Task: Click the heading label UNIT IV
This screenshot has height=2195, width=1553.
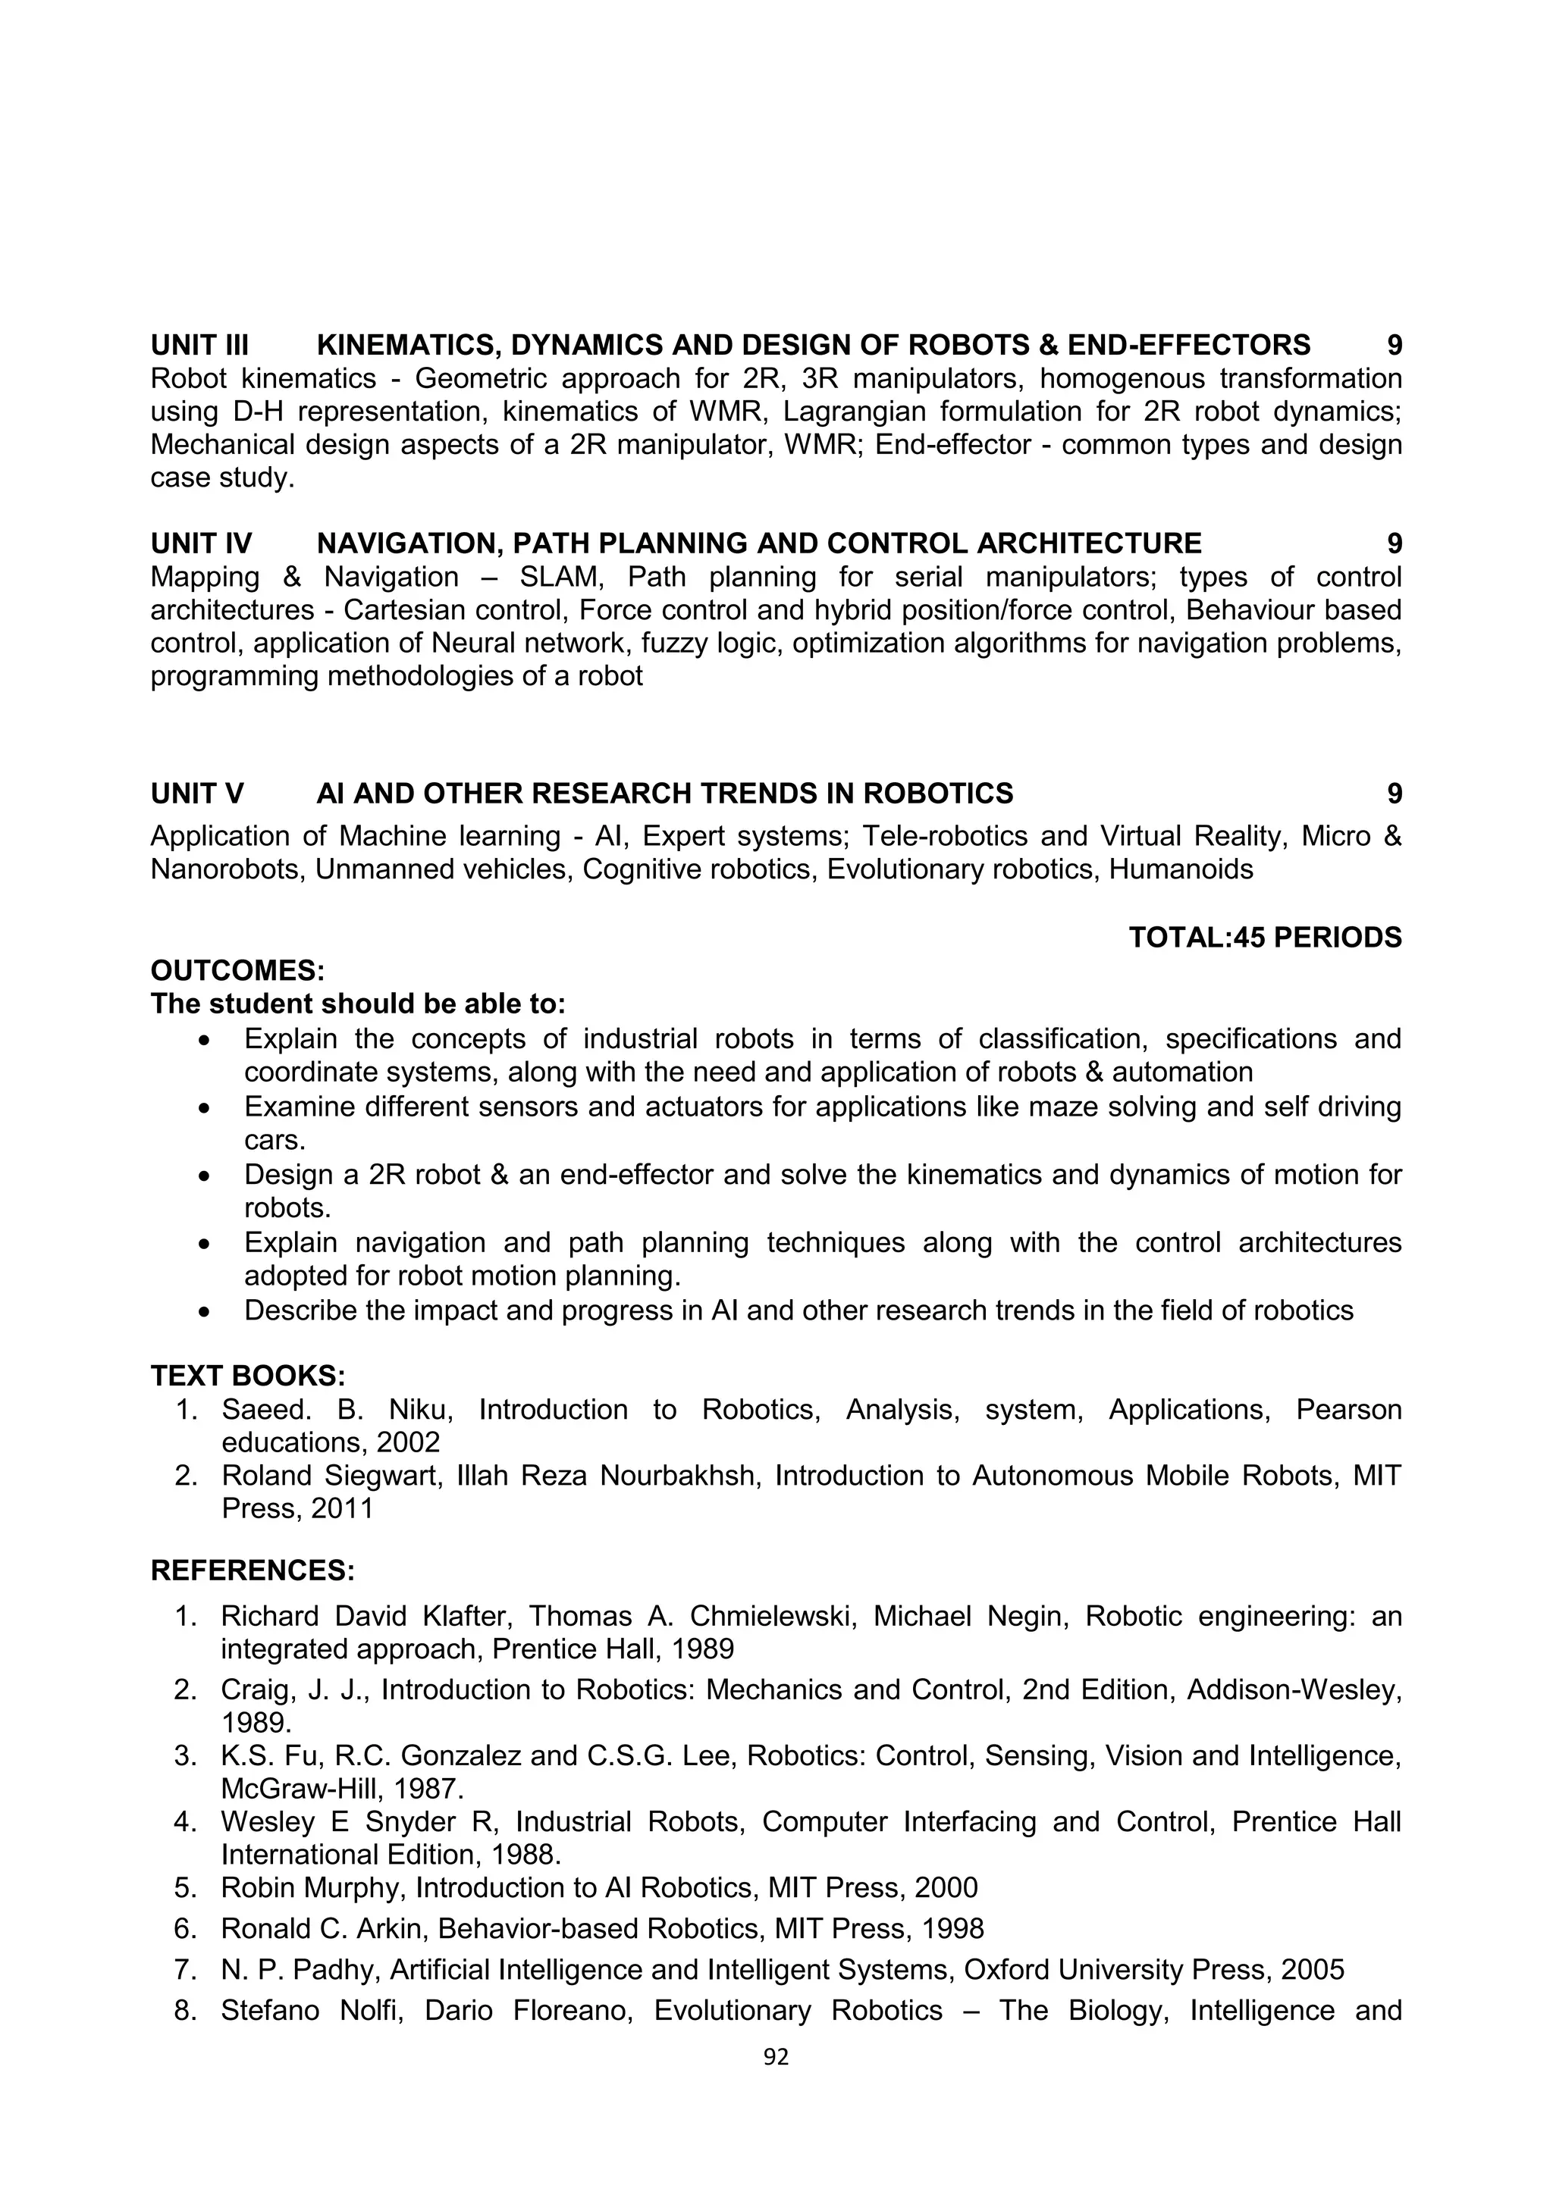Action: pos(201,544)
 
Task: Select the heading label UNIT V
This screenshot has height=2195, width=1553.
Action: pos(197,794)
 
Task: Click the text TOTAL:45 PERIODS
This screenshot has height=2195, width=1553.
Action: pos(1264,938)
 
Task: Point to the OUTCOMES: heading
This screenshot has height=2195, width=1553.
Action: pos(238,972)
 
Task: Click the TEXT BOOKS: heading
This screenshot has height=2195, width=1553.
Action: pos(248,1376)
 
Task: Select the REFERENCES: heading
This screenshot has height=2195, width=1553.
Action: pos(253,1570)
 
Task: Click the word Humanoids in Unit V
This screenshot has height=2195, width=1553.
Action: pos(1180,870)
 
